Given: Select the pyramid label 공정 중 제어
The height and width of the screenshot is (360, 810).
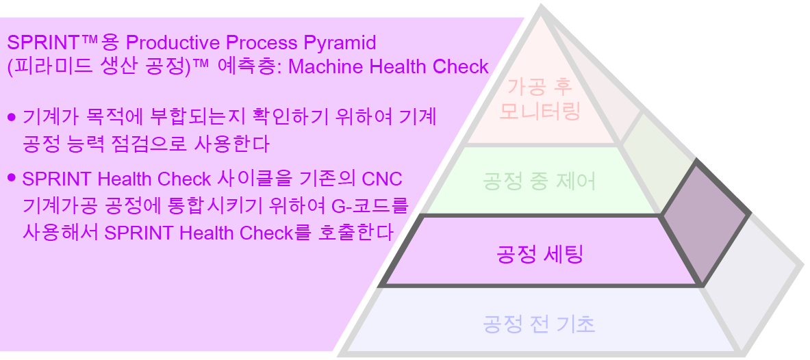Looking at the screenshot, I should (x=540, y=181).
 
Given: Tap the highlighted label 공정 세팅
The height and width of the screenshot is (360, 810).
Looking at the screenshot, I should (x=540, y=254).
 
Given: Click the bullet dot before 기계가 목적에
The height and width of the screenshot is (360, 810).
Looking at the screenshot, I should (x=11, y=117).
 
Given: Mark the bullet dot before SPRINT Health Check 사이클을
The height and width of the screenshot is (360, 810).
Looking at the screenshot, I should (x=11, y=178).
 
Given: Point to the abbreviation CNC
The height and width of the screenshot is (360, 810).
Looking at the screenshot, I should (x=381, y=179).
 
